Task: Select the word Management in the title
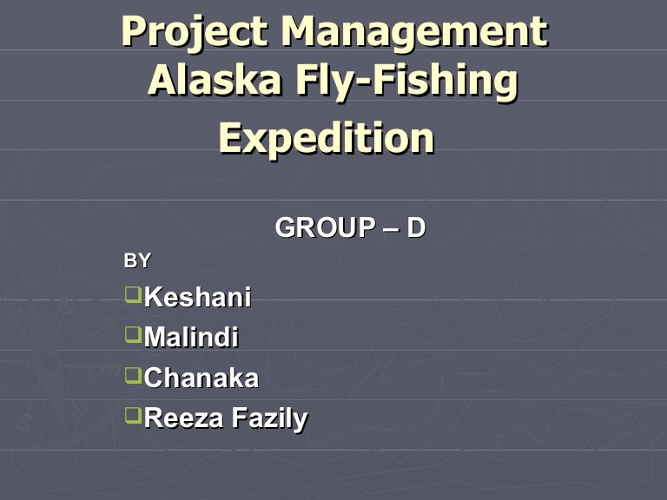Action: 414,32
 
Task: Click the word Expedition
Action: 326,138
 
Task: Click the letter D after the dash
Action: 416,228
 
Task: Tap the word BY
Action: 137,260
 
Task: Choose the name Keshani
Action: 197,298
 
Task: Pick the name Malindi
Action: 191,338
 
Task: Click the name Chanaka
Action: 201,378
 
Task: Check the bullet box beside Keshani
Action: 132,294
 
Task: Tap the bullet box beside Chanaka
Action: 132,374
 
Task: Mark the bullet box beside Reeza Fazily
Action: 132,415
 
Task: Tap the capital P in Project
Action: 134,32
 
